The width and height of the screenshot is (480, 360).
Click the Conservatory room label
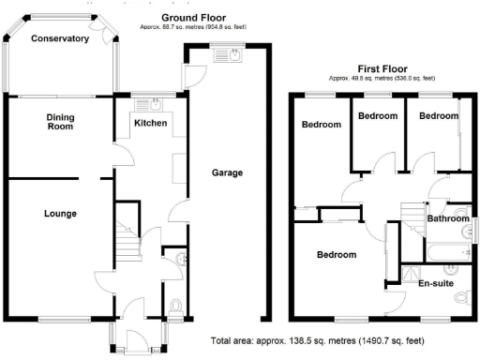pos(59,38)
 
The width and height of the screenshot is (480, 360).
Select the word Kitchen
pos(150,124)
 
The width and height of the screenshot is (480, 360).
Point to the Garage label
pos(227,173)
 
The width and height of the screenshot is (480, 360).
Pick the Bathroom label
pos(448,218)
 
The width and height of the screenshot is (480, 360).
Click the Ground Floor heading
pos(193,18)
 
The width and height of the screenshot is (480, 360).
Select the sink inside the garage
pos(228,56)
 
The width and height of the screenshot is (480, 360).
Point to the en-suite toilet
pos(460,297)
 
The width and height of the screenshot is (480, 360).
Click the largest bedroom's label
pos(336,255)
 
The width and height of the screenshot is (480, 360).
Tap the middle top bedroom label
pos(378,115)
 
